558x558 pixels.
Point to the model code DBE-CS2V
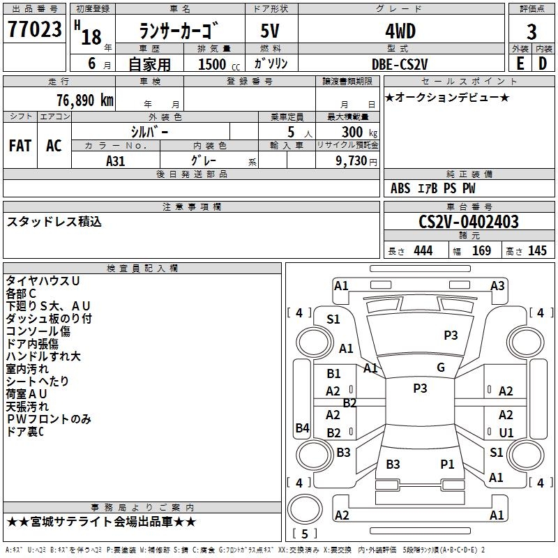[400, 63]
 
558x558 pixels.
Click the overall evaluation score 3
[531, 31]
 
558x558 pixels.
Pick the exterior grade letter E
[520, 63]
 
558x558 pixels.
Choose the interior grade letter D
[543, 63]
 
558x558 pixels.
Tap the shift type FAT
[20, 146]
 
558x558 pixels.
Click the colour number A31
[116, 160]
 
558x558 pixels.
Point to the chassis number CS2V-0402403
[469, 222]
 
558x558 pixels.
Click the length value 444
[423, 251]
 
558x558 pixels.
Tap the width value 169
[481, 251]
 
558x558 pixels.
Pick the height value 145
[537, 251]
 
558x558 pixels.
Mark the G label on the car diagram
[440, 368]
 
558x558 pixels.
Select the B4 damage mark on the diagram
[302, 428]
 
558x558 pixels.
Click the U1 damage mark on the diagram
[506, 433]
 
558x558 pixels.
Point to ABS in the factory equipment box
[400, 188]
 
